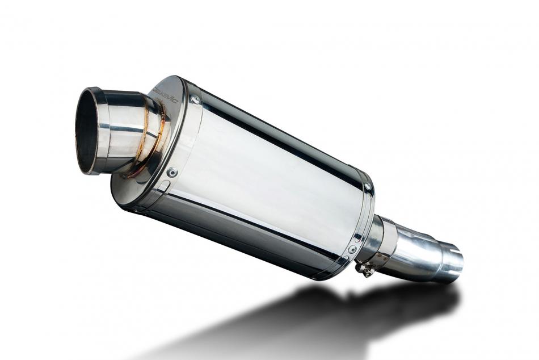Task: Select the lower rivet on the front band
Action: [172, 171]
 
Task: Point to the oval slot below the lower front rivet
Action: [163, 186]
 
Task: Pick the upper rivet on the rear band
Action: [367, 186]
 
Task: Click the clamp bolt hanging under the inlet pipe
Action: [365, 269]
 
